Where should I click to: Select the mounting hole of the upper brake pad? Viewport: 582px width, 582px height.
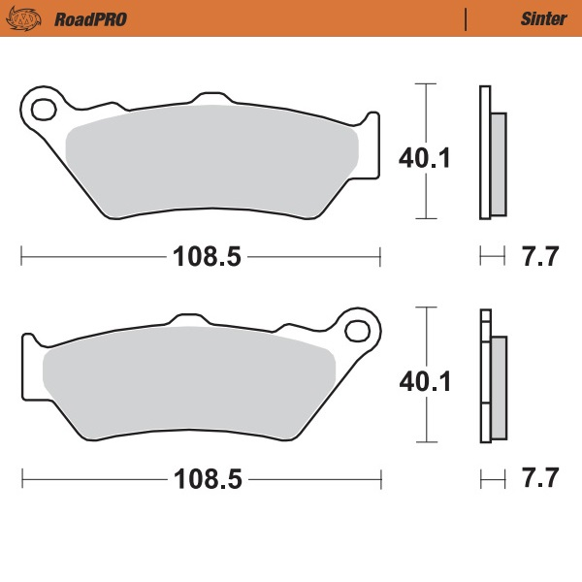tap(44, 108)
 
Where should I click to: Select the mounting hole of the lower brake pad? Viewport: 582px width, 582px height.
tap(358, 330)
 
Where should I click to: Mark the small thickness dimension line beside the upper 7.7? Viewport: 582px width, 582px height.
tap(493, 257)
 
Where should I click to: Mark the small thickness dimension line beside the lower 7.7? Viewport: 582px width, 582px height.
tap(493, 479)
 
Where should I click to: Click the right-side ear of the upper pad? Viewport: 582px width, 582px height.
tap(370, 145)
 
